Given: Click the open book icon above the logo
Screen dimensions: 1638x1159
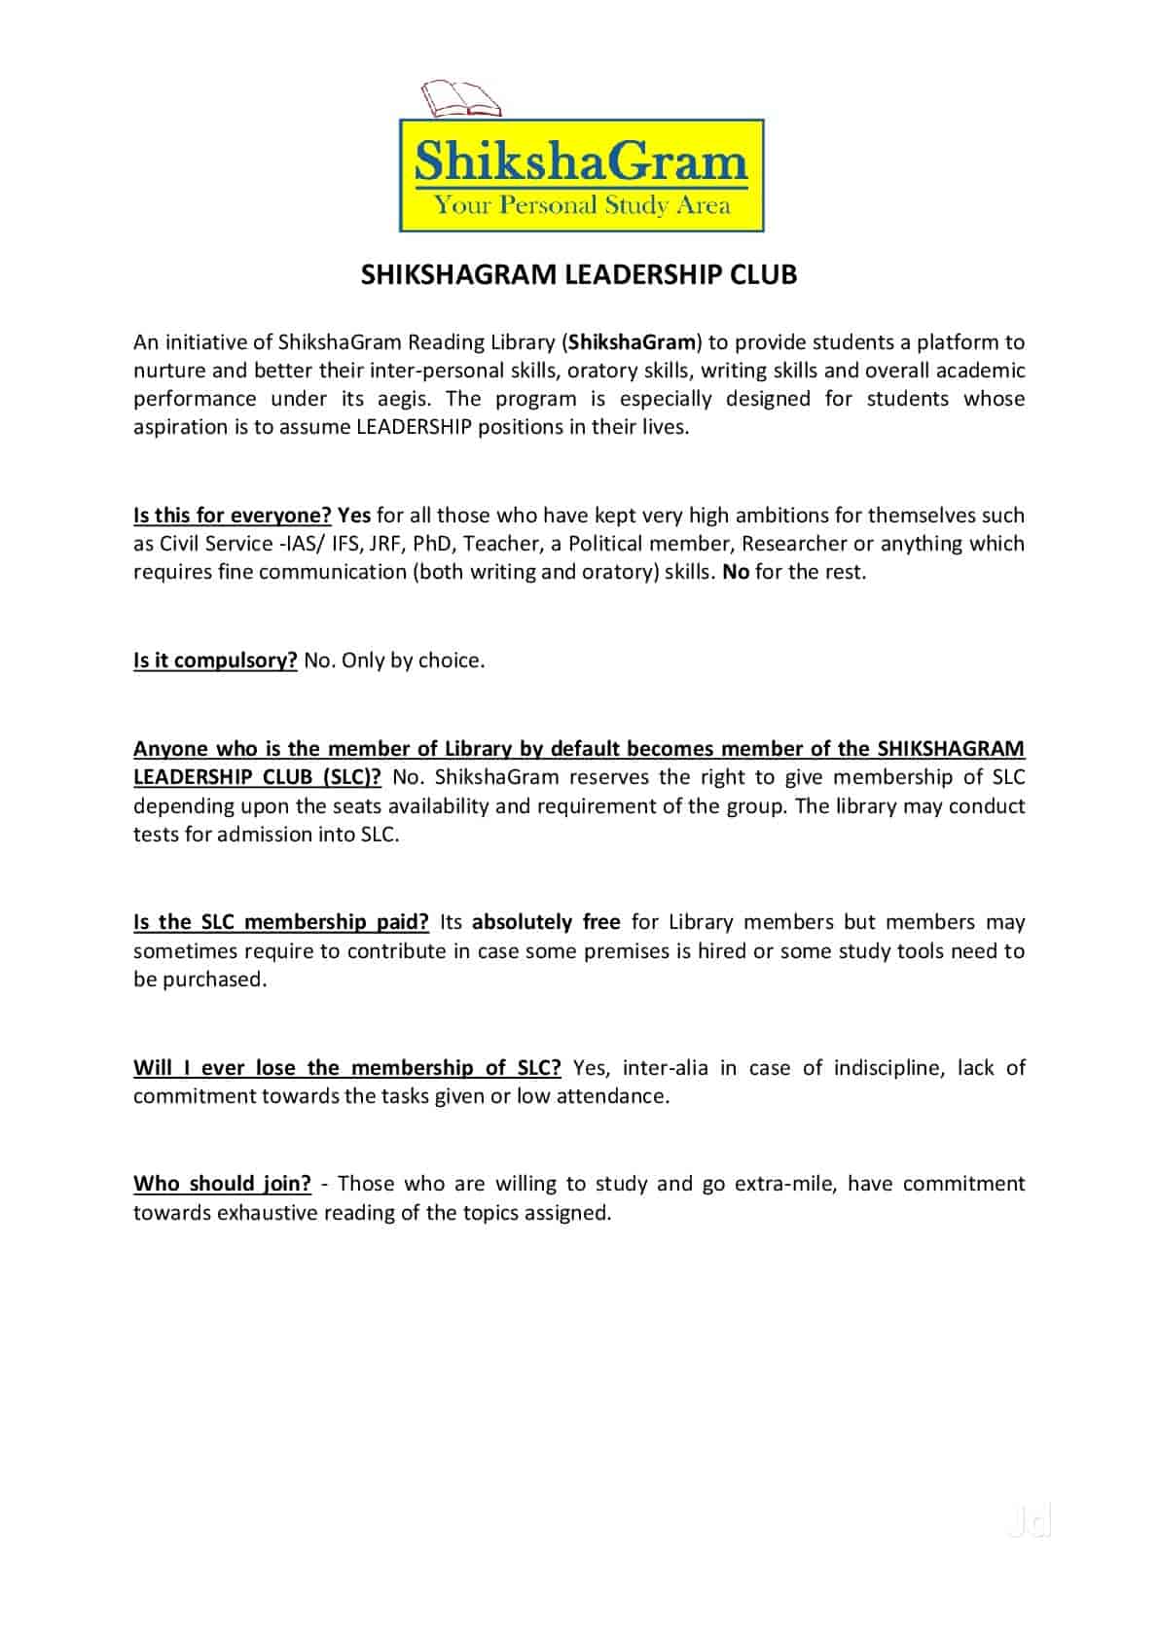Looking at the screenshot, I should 460,99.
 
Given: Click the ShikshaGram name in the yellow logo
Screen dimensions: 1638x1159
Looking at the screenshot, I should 581,161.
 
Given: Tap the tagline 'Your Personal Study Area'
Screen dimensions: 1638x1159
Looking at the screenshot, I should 581,205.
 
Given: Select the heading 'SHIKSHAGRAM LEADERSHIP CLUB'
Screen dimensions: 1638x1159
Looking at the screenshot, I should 579,275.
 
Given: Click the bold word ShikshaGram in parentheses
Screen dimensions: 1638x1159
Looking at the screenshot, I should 633,342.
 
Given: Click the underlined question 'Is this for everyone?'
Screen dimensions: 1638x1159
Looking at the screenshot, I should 233,516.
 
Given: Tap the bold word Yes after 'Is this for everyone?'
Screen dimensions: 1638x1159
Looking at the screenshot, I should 354,516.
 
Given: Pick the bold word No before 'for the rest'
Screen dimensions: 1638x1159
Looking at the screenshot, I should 736,572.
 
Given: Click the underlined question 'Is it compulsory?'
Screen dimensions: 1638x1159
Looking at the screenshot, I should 215,660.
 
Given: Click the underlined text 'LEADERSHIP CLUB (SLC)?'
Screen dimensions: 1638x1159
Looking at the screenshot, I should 257,777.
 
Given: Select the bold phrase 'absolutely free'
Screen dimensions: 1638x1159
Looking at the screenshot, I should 546,922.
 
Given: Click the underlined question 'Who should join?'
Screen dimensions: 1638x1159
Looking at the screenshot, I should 222,1184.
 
